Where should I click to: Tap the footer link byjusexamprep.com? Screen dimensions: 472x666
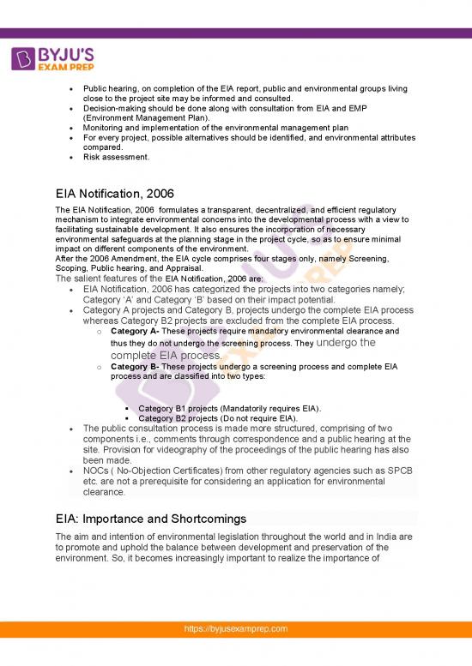tap(236, 653)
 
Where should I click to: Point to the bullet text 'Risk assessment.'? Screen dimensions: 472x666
tap(116, 157)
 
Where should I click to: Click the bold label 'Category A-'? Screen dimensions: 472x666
tap(135, 331)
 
